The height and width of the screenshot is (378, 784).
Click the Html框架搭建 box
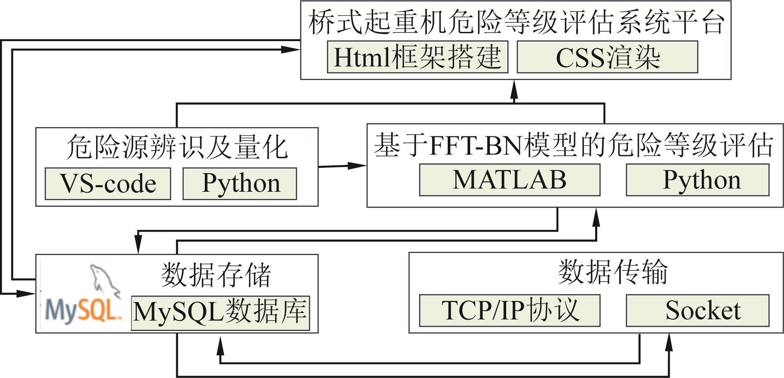[x=418, y=57]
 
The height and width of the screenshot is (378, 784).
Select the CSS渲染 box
[x=607, y=57]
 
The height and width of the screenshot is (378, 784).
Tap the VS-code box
[x=108, y=184]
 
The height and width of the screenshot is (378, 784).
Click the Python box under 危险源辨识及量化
[x=240, y=184]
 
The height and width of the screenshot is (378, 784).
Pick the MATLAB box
[x=510, y=180]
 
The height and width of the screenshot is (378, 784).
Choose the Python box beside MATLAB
[x=698, y=180]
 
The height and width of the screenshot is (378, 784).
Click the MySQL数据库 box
[x=220, y=313]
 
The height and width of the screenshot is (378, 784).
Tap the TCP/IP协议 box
[x=510, y=310]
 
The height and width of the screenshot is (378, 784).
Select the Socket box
[x=698, y=310]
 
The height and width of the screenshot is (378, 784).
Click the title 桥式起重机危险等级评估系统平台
[x=516, y=22]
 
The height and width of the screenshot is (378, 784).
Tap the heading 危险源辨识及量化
[x=177, y=147]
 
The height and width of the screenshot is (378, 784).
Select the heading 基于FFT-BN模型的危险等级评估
[x=574, y=145]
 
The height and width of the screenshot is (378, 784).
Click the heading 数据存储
[x=216, y=275]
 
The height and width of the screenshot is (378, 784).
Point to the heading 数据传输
[x=613, y=272]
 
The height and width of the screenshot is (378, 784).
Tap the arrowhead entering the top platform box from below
[x=514, y=89]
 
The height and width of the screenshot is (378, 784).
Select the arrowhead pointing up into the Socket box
[x=669, y=342]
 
